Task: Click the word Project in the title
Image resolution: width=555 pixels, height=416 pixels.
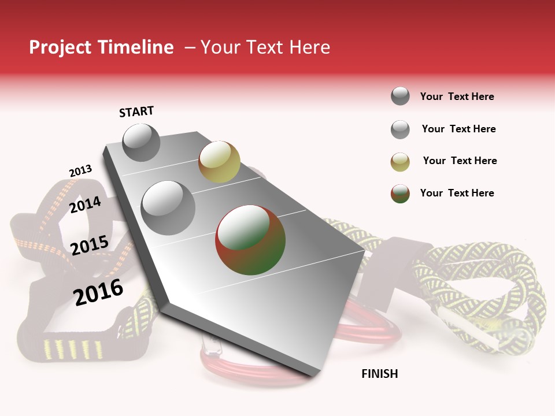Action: click(61, 47)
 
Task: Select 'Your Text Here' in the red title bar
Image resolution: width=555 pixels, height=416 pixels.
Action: click(265, 47)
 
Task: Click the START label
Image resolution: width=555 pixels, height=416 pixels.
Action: click(136, 112)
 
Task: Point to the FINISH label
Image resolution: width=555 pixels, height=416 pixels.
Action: click(380, 374)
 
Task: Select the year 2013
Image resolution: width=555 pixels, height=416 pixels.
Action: click(80, 171)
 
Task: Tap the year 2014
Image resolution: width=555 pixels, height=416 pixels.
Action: click(85, 205)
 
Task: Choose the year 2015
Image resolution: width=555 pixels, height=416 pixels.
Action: click(90, 245)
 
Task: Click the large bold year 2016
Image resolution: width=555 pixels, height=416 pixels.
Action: click(98, 292)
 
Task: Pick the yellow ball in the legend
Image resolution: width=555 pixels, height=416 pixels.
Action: click(400, 162)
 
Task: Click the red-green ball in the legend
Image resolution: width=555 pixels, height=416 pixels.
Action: click(400, 194)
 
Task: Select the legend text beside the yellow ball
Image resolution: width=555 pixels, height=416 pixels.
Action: click(460, 161)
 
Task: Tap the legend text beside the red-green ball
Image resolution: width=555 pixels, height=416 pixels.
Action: click(457, 193)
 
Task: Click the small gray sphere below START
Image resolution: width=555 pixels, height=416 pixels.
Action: click(142, 142)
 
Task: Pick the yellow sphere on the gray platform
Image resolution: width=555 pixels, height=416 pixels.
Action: click(219, 161)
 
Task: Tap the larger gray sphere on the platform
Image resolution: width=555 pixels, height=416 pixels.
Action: click(168, 207)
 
